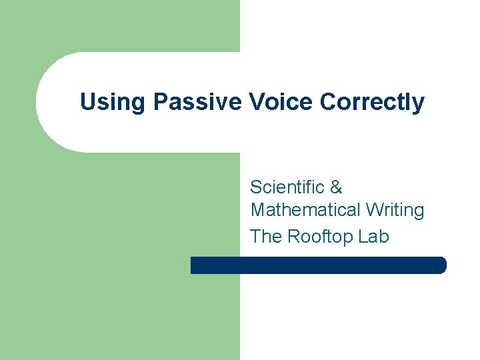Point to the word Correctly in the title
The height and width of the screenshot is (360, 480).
(x=372, y=103)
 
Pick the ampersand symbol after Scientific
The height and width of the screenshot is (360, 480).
(x=336, y=187)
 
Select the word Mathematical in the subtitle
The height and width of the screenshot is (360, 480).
(x=305, y=211)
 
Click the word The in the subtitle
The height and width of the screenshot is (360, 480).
(x=266, y=237)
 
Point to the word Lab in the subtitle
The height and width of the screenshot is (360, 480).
(x=373, y=237)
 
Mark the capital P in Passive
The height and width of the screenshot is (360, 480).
(x=160, y=103)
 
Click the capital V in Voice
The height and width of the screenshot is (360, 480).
(x=255, y=103)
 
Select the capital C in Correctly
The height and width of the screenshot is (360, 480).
(x=328, y=103)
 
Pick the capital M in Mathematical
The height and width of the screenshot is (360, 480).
(x=258, y=211)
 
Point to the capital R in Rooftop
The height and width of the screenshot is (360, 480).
(x=293, y=237)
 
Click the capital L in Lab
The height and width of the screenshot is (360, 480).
(x=363, y=237)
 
